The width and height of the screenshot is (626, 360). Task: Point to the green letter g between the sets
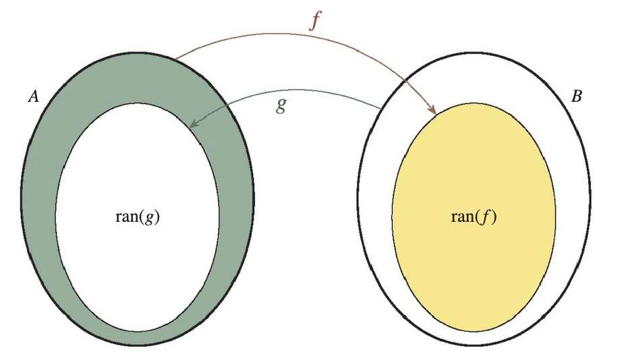[282, 104]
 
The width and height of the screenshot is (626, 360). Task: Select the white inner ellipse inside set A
[138, 270]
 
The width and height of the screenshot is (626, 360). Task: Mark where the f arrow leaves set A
[174, 59]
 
